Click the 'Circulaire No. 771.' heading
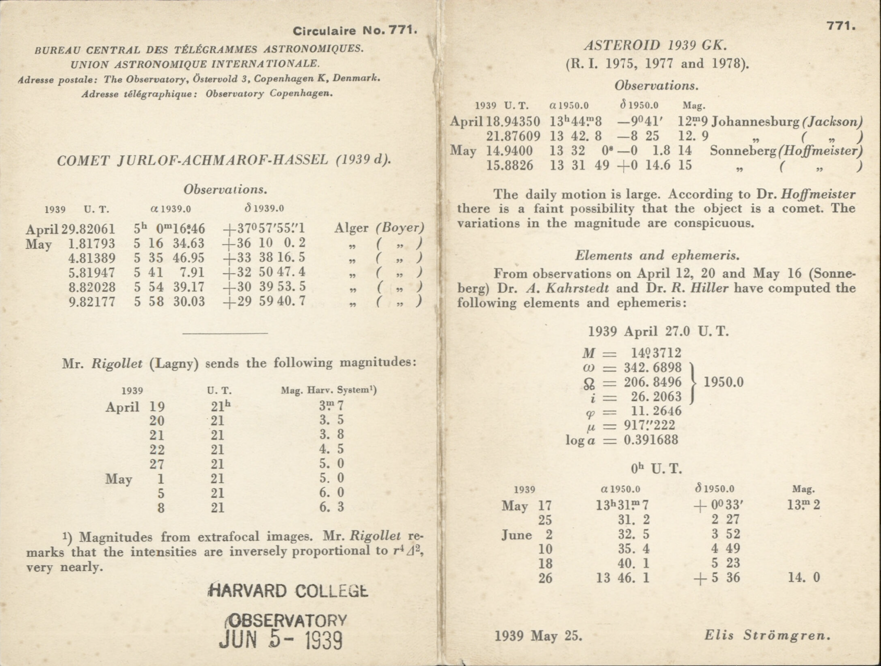355,31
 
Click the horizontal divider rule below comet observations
225,333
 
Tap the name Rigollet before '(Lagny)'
117,363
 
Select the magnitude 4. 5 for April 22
331,449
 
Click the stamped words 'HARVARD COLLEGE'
288,591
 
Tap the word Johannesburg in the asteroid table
755,122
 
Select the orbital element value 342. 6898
652,368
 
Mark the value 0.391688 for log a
651,440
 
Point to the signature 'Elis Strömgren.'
767,635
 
